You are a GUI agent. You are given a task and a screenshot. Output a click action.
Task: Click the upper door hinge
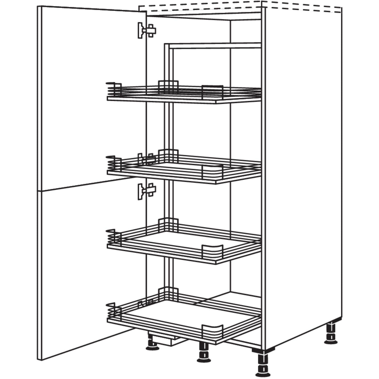pyautogui.click(x=146, y=31)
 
